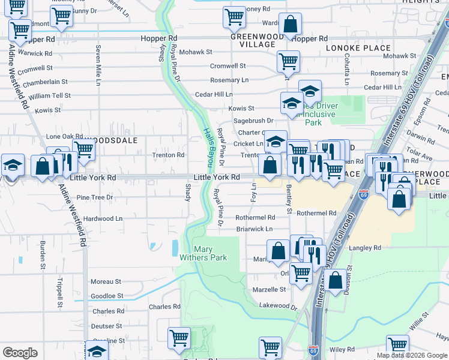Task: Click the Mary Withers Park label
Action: click(203, 253)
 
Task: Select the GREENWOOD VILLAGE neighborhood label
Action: click(256, 40)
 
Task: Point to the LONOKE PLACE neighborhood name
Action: click(358, 47)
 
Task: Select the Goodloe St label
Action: click(107, 296)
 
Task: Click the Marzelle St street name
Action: click(269, 289)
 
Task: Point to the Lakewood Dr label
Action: click(278, 305)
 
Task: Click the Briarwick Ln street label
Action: click(254, 229)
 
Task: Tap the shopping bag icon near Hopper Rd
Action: click(290, 25)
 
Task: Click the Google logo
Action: click(20, 353)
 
